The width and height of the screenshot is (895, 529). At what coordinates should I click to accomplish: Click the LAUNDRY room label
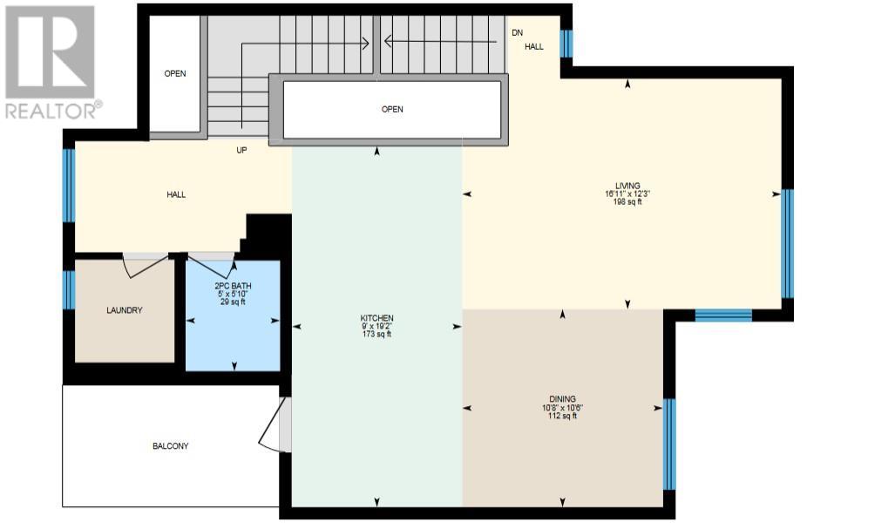click(125, 310)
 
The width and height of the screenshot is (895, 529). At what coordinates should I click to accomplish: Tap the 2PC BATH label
click(233, 286)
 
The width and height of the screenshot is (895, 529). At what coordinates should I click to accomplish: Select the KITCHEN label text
click(376, 318)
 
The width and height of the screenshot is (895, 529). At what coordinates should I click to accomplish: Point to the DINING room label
click(563, 399)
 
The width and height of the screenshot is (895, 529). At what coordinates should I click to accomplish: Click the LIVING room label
click(627, 186)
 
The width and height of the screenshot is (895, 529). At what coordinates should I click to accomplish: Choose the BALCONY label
click(171, 445)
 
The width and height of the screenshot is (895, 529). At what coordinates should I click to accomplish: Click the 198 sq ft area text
click(627, 201)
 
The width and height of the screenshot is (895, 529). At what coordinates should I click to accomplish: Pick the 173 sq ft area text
click(376, 334)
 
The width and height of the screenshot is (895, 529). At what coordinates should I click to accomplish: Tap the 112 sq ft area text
click(563, 416)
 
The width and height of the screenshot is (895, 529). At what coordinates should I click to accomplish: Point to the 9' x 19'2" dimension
click(376, 326)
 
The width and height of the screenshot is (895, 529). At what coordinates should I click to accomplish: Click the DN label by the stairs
click(517, 32)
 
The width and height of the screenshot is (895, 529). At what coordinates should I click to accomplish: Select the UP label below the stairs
click(241, 150)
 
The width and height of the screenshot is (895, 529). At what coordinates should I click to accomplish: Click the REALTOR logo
click(51, 63)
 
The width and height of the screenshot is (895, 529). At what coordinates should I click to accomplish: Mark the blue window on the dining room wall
click(669, 444)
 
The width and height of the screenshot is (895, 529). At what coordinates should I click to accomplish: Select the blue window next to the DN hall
click(566, 44)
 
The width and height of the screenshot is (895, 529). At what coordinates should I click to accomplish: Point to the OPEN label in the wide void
click(392, 109)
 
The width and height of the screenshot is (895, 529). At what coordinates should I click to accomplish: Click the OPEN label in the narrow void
click(175, 73)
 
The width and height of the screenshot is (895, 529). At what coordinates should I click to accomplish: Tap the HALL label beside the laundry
click(176, 194)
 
